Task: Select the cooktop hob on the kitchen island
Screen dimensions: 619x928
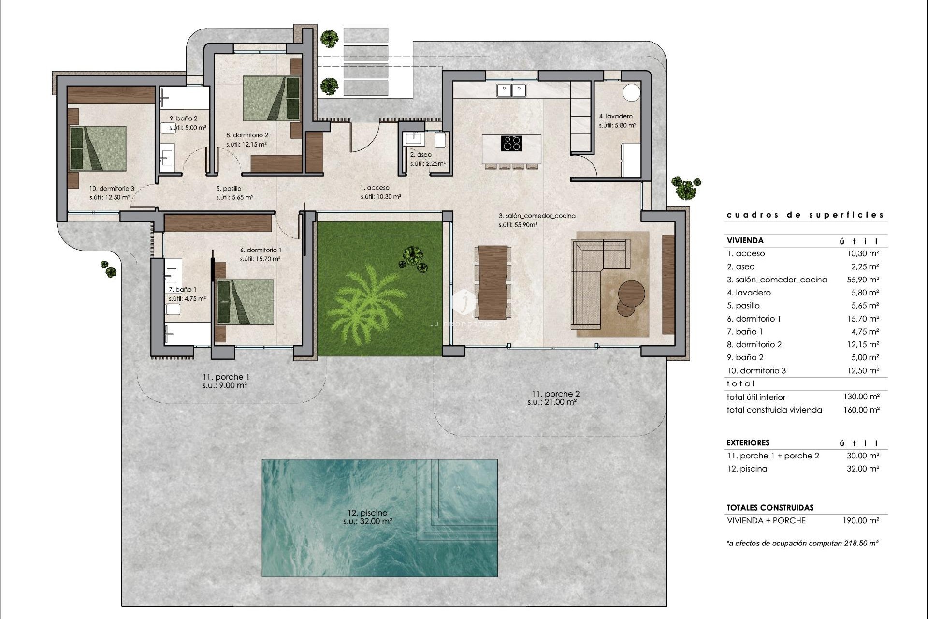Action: (x=511, y=144)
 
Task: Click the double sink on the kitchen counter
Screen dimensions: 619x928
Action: (x=511, y=90)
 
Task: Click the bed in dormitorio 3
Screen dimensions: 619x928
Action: (x=98, y=148)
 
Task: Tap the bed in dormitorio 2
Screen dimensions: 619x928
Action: (x=271, y=98)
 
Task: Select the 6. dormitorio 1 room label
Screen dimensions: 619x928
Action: (x=261, y=250)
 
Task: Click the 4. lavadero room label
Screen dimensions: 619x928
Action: (x=615, y=116)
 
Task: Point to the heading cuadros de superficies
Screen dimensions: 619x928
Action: (x=805, y=215)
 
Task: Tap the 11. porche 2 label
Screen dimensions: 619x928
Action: (x=555, y=394)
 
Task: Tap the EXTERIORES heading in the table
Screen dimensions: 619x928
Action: (x=748, y=442)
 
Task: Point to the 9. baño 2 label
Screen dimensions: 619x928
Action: (x=183, y=118)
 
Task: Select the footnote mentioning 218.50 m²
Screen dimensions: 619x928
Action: (x=802, y=544)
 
